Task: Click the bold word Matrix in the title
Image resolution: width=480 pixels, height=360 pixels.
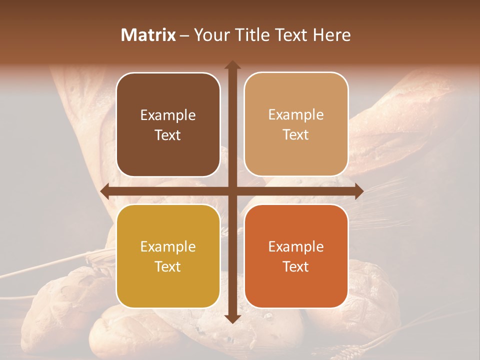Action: pos(148,35)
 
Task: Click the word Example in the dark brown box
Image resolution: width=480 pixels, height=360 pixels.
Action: pos(168,115)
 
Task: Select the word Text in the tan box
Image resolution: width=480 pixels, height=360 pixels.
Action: pos(296,135)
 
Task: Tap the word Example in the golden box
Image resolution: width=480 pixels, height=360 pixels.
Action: pos(168,247)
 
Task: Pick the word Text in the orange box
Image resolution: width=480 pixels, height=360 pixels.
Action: pos(296,267)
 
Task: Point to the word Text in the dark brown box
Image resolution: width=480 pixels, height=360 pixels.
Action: pos(168,135)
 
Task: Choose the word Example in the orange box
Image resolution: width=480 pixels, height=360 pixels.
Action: pos(296,247)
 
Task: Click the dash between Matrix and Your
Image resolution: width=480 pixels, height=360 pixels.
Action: pos(184,35)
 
